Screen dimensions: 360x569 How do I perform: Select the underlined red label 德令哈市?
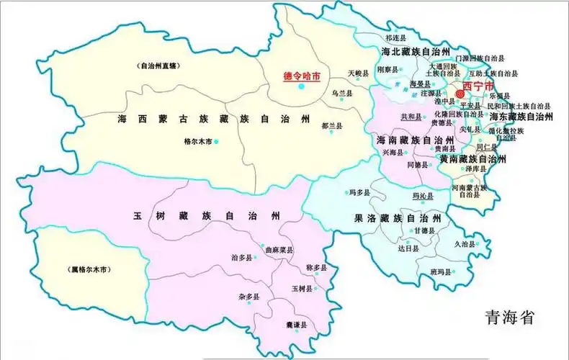coord(302,74)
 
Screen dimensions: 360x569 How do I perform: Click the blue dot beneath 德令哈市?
coord(302,86)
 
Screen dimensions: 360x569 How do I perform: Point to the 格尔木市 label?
coord(198,142)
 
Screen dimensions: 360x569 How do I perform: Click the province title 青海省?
coord(509,317)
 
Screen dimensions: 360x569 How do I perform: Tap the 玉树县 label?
coord(301,289)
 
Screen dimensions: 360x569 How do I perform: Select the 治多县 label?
coord(243,257)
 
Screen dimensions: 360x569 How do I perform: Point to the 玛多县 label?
coord(359,192)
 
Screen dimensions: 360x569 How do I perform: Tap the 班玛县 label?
coord(440,271)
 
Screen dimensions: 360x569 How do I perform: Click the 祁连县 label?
coord(396,37)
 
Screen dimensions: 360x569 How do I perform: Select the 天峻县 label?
coord(358,73)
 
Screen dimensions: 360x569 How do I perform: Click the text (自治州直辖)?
coord(158,66)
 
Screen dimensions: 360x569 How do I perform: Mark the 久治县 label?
coord(465,244)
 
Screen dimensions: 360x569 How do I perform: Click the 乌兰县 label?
coord(342,94)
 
